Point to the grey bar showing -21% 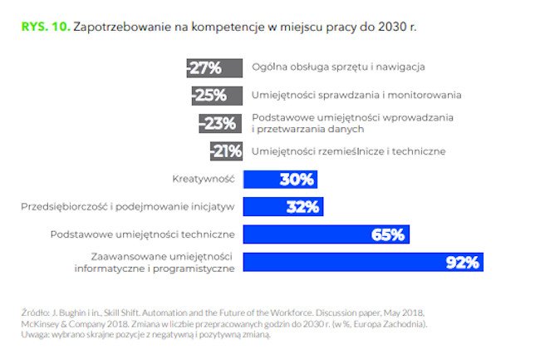click(224, 151)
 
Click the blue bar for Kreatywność click(279, 179)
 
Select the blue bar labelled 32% click(282, 206)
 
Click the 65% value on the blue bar click(387, 234)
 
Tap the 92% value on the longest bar click(462, 263)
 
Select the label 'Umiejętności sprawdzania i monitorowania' click(356, 95)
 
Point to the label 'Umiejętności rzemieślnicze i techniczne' click(348, 151)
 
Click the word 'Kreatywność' click(204, 179)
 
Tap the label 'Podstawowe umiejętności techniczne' click(143, 234)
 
